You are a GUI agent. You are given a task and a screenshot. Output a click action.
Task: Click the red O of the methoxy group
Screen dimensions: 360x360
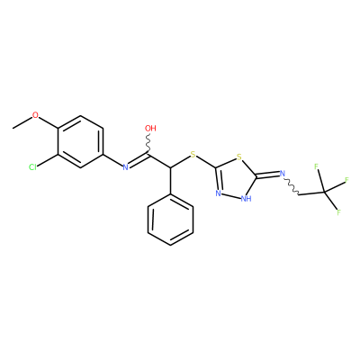point(36,115)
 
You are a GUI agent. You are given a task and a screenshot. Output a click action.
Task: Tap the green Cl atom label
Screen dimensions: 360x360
point(32,167)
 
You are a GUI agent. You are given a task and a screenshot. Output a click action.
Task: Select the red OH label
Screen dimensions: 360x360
point(150,129)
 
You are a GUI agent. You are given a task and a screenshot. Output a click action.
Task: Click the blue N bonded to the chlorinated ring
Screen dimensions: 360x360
point(126,167)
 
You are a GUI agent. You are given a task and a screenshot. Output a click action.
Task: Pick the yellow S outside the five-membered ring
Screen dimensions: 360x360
point(193,155)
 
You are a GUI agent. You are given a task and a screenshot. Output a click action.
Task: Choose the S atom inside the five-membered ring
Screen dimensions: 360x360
point(238,157)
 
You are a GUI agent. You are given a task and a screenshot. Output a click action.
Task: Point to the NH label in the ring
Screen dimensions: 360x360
point(246,198)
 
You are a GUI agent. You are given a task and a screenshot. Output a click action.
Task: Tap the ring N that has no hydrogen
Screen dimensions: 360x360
point(219,193)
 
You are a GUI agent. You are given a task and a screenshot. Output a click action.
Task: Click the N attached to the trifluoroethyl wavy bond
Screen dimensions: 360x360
point(282,173)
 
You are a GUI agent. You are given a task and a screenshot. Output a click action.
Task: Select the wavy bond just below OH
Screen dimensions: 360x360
point(148,143)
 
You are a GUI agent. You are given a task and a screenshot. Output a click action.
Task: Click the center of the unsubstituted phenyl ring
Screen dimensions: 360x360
point(170,220)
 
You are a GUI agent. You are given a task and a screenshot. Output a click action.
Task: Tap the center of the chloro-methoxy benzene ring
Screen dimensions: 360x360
point(80,141)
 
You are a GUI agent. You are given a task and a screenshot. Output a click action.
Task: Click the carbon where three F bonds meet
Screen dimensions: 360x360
point(324,192)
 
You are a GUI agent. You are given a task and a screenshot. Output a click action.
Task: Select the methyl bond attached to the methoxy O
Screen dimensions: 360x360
point(22,123)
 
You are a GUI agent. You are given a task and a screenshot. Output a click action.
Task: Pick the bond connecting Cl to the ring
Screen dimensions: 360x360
point(48,160)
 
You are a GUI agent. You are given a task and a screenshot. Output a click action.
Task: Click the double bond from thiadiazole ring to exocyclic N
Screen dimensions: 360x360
point(267,175)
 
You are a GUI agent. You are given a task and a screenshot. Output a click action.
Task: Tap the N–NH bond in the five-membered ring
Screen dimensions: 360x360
point(231,195)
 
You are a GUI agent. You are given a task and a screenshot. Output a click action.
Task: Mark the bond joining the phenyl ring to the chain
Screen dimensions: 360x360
point(170,181)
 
